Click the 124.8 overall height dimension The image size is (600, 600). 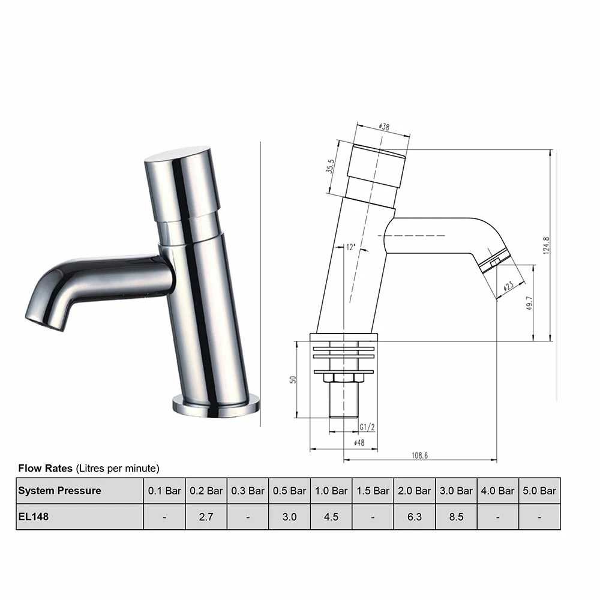pos(547,245)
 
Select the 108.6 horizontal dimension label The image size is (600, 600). pos(420,456)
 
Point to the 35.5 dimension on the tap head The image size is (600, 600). pos(329,166)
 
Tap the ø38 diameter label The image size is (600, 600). pos(384,127)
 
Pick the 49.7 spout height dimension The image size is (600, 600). pos(529,303)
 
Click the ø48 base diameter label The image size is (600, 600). pos(359,443)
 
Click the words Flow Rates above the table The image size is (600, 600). pos(46,468)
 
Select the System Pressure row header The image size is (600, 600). pos(59,491)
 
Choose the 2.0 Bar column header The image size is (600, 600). pos(415,491)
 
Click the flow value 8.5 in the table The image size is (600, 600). pos(456,517)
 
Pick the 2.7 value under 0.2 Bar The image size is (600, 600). pos(206,517)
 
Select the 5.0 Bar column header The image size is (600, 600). pos(539,491)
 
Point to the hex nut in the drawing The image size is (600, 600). pos(344,378)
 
